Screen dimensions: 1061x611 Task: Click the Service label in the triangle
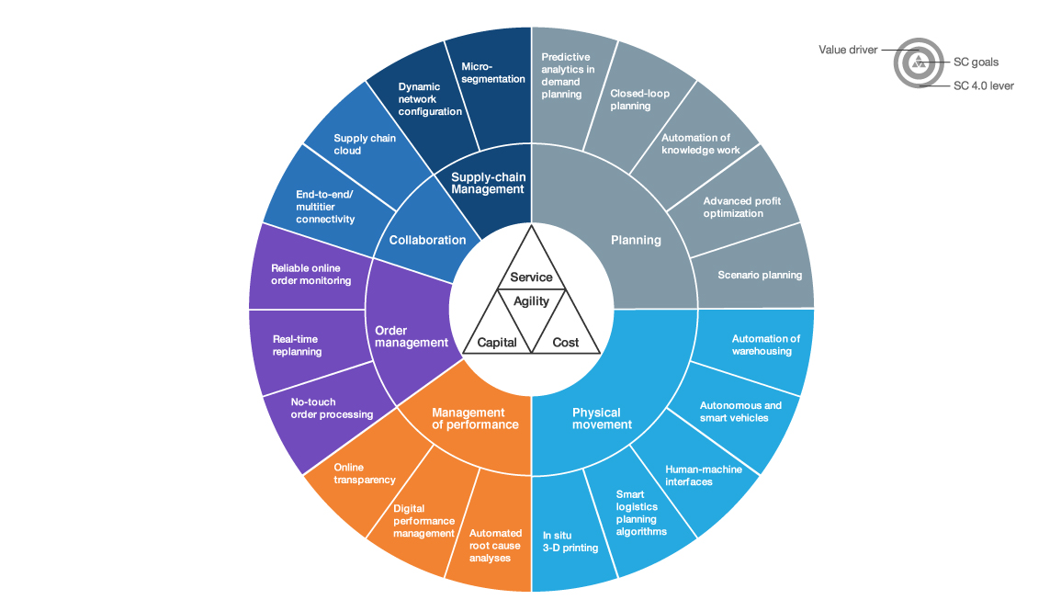click(531, 277)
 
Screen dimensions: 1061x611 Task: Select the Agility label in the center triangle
click(531, 301)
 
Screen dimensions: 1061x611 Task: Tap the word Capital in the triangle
click(497, 343)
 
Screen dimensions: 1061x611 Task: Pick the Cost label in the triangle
click(566, 343)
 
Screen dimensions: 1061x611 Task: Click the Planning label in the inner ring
click(636, 240)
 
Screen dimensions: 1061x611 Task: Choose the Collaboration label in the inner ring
click(428, 240)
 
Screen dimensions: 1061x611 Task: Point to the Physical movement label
click(602, 419)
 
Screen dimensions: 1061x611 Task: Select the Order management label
click(412, 336)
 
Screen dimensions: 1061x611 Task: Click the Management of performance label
click(475, 419)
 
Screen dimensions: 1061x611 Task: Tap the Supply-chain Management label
click(488, 184)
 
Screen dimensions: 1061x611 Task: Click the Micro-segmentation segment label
click(492, 73)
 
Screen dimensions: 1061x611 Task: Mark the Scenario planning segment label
click(760, 275)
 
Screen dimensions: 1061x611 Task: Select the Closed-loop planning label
click(639, 99)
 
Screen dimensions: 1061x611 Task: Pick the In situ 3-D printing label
click(570, 541)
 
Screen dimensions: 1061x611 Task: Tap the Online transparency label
click(365, 474)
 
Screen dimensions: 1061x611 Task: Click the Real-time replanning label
click(297, 345)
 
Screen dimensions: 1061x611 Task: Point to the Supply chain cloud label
click(365, 144)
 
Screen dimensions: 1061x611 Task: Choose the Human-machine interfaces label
click(704, 476)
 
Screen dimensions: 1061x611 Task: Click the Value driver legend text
click(848, 50)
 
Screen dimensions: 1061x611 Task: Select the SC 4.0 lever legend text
click(984, 86)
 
